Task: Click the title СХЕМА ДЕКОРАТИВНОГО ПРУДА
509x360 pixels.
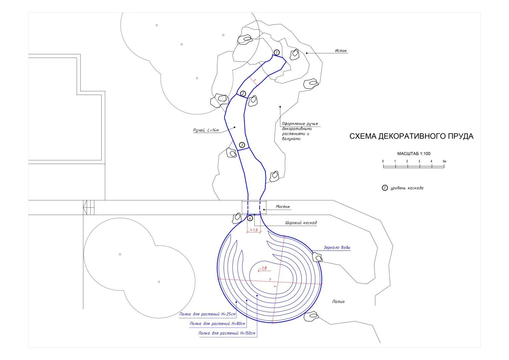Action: coord(411,136)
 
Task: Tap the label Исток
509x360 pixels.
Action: coord(341,51)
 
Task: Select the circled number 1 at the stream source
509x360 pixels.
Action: coord(276,53)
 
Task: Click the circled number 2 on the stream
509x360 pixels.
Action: coord(243,93)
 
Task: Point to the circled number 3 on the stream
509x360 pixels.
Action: coord(242,145)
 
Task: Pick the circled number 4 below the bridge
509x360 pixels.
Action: coord(250,218)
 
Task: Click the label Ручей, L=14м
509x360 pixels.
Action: coord(206,130)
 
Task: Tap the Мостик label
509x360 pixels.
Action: coord(283,207)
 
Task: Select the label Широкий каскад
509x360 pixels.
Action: coord(301,223)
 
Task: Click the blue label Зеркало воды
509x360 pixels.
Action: coord(337,247)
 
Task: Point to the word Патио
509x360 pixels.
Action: coord(338,302)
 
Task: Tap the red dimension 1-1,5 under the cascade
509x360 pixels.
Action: coord(254,230)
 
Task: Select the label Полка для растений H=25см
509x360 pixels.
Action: coord(207,314)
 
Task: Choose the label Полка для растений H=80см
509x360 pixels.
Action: coord(217,324)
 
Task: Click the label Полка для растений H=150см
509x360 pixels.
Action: coord(227,333)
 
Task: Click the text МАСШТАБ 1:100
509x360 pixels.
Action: coord(414,154)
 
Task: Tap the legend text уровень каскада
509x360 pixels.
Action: coord(407,188)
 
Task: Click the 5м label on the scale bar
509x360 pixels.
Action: coord(444,161)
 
